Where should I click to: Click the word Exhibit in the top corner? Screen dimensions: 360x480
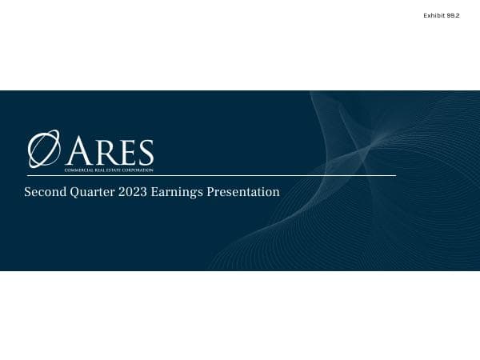[434, 15]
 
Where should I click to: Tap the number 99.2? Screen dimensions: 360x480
[453, 15]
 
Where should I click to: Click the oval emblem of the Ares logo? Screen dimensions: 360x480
[44, 150]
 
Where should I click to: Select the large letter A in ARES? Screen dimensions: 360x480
[80, 152]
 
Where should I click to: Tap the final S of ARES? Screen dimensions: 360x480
[143, 153]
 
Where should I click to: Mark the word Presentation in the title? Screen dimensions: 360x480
[242, 192]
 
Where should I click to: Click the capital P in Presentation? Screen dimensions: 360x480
[210, 192]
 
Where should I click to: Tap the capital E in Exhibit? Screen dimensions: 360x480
[425, 15]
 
